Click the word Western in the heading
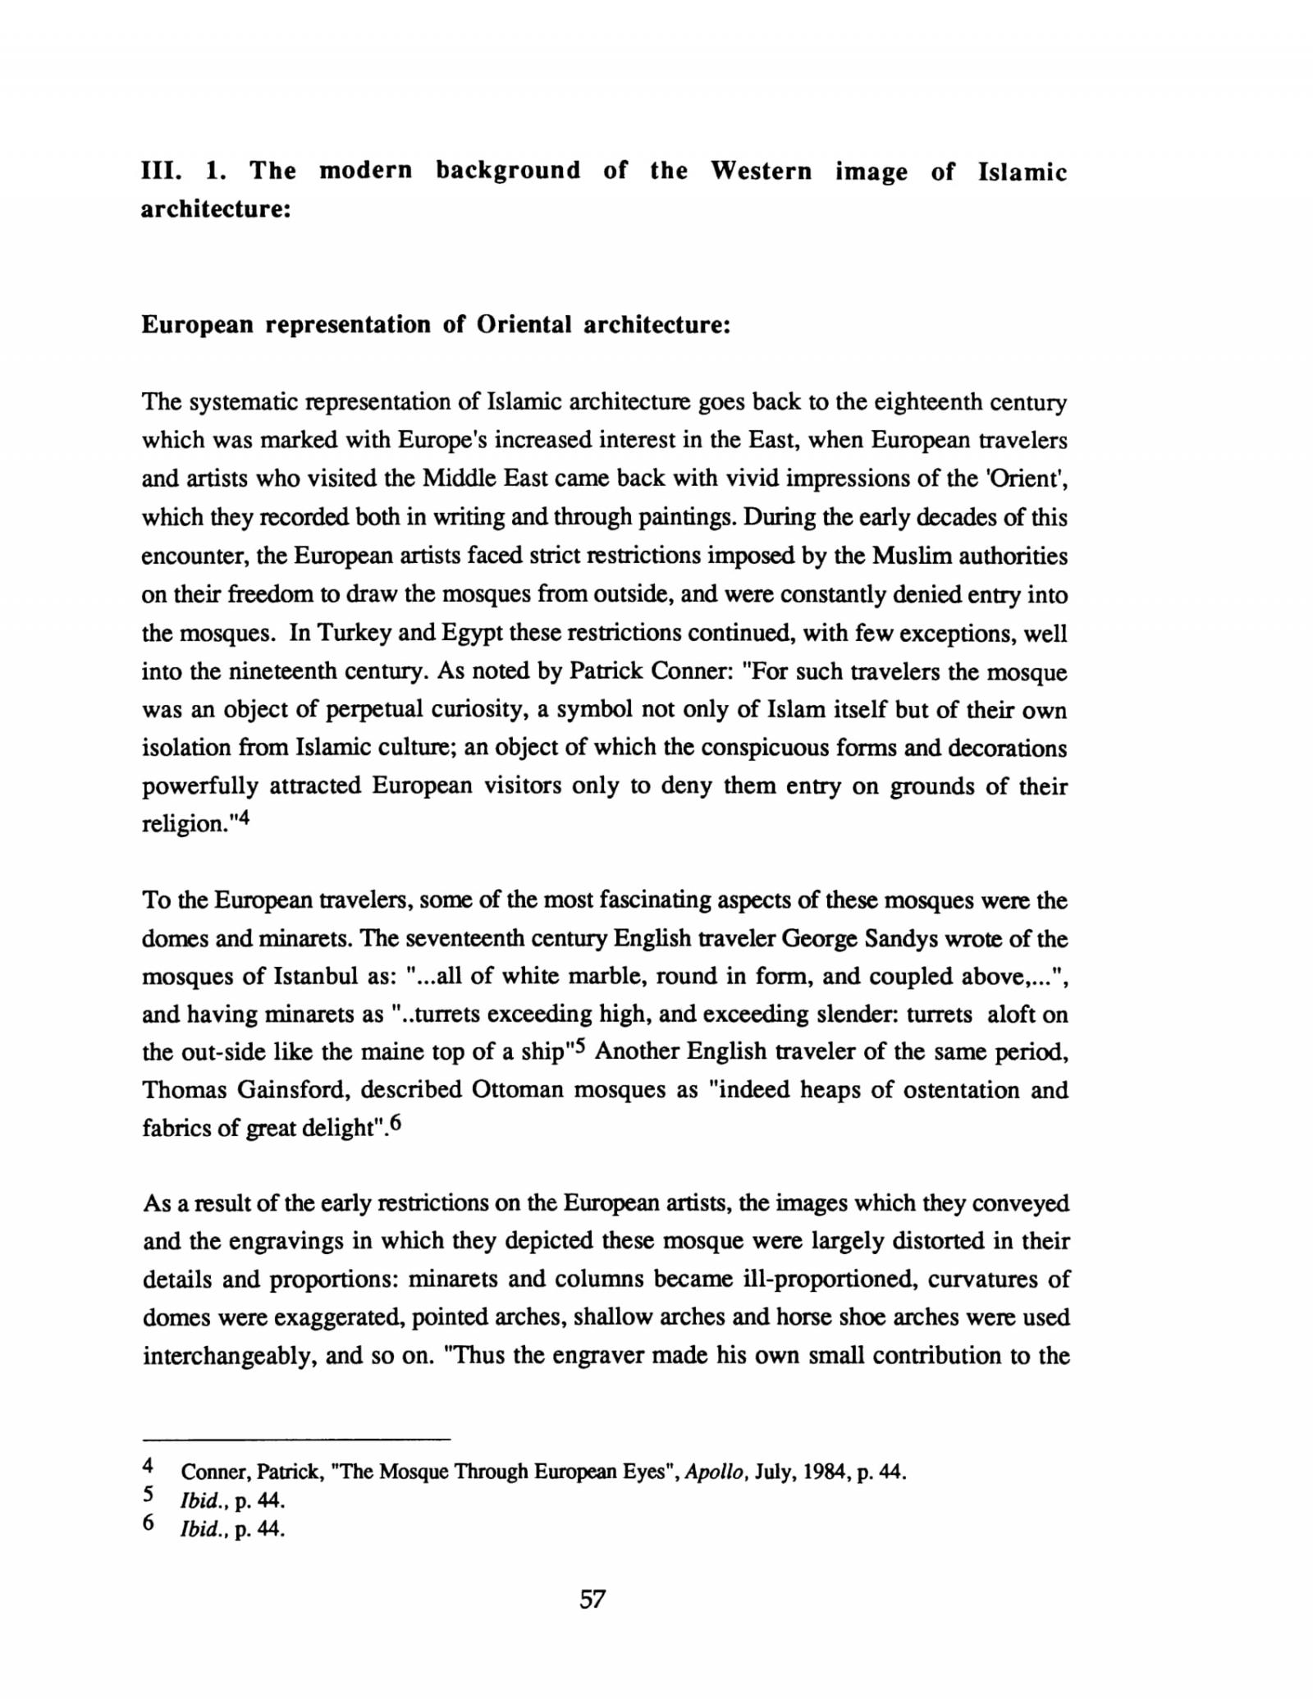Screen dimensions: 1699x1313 click(761, 172)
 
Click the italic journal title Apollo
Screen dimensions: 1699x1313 click(713, 1471)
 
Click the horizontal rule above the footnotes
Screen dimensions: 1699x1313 click(296, 1440)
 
